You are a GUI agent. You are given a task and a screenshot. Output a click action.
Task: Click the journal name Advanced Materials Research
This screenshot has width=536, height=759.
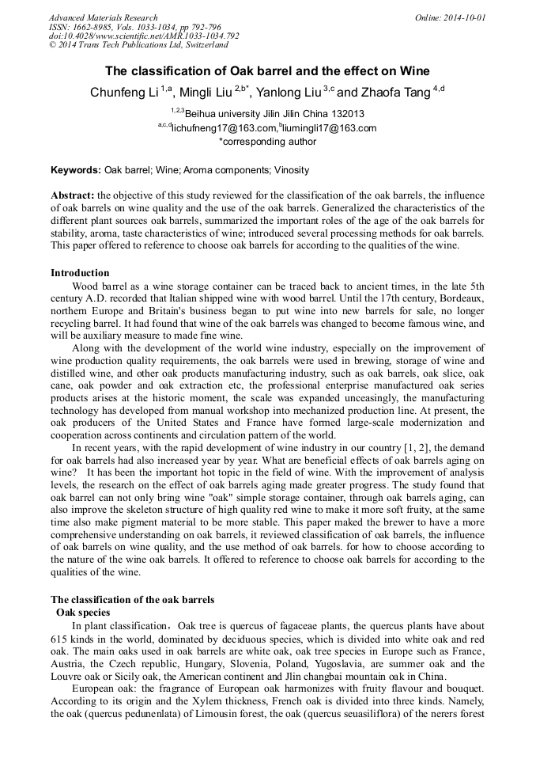coord(103,17)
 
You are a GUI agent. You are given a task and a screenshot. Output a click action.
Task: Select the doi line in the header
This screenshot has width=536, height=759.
coord(144,36)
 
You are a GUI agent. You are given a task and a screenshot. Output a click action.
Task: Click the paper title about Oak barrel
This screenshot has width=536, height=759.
coord(267,70)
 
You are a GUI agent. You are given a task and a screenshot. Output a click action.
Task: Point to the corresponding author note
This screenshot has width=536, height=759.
coord(267,142)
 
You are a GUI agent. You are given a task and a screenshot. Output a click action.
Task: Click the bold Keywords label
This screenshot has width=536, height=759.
coord(76,170)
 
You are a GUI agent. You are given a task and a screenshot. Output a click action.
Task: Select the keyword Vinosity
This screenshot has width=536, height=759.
coord(291,170)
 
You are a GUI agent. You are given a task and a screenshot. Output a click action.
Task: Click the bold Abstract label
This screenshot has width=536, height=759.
coord(73,195)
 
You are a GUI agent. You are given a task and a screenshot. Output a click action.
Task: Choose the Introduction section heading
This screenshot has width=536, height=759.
coord(80,273)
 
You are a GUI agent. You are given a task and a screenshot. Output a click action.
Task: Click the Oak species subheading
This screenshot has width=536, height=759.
coord(83,612)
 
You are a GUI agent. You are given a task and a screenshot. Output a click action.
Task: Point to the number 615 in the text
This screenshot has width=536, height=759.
coord(60,639)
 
